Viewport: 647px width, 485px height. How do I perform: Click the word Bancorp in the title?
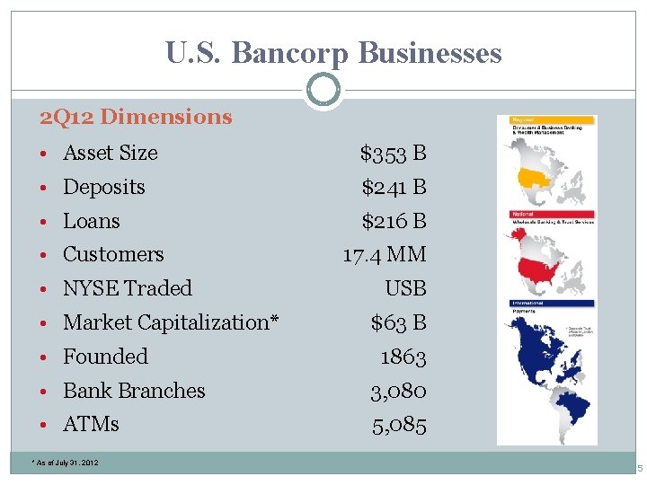291,53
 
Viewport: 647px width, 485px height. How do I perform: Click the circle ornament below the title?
323,91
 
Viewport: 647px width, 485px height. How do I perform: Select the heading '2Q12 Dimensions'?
136,117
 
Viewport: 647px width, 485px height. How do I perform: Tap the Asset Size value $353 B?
393,154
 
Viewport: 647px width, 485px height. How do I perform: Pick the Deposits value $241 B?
394,188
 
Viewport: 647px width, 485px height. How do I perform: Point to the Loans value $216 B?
394,221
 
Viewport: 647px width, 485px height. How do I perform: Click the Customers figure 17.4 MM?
385,255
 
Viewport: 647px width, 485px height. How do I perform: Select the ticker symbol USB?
405,289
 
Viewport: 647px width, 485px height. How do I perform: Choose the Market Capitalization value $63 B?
399,322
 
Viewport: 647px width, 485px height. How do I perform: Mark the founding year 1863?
403,357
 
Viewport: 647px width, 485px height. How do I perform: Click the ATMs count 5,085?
399,424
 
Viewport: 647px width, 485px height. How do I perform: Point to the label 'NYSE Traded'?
128,288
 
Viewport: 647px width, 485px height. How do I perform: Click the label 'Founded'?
105,357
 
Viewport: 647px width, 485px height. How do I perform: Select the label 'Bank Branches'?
134,391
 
